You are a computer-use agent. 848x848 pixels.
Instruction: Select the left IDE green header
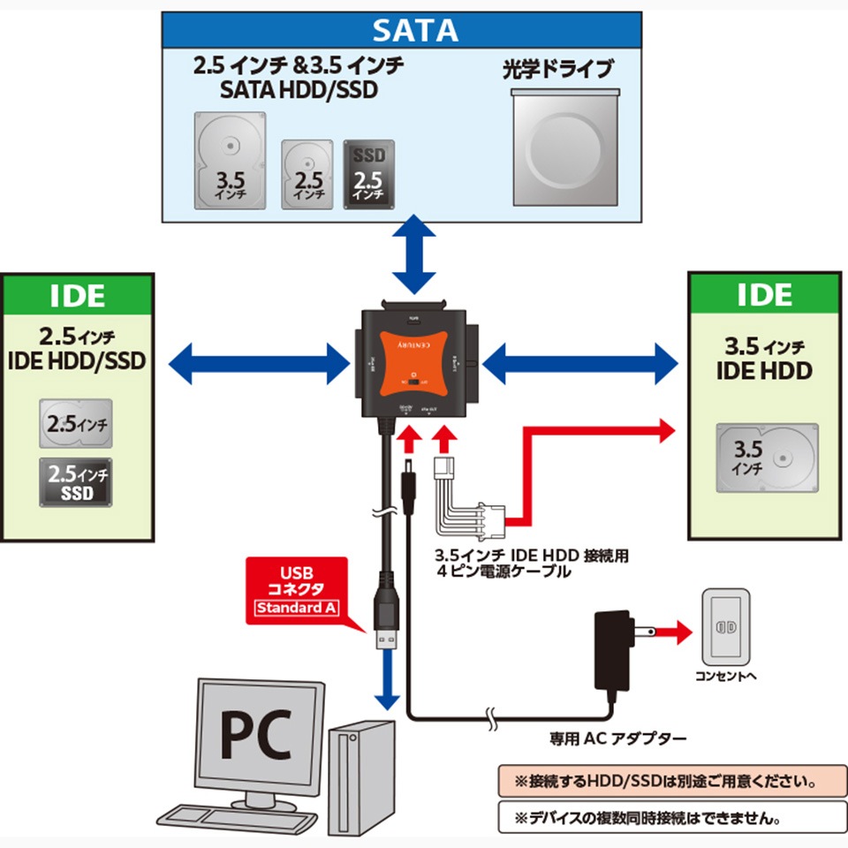point(78,295)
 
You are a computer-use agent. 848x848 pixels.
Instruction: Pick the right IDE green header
point(764,295)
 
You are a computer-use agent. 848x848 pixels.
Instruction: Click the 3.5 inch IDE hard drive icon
point(766,458)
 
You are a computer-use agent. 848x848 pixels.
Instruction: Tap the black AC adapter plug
point(611,650)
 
